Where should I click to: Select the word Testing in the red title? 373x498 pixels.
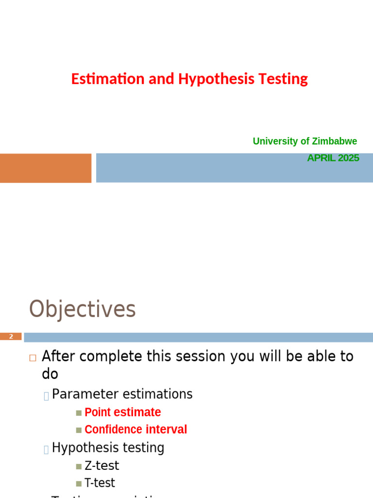[283, 79]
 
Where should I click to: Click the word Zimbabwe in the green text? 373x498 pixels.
[334, 141]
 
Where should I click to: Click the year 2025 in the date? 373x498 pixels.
[348, 158]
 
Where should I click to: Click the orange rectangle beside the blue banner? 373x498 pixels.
[45, 168]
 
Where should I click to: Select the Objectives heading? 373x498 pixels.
[82, 309]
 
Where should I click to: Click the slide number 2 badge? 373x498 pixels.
[11, 337]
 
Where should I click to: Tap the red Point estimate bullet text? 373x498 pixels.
[122, 412]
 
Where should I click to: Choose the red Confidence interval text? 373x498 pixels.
[136, 430]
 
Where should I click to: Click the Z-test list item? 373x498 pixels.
[102, 465]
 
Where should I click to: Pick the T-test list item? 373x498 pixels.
[100, 483]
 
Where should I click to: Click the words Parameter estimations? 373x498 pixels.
[122, 394]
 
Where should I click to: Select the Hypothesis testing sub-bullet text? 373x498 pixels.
[108, 447]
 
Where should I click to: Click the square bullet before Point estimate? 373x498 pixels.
[79, 413]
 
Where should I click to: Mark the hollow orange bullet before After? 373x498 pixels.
[33, 357]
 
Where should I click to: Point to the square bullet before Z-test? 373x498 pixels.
[79, 466]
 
